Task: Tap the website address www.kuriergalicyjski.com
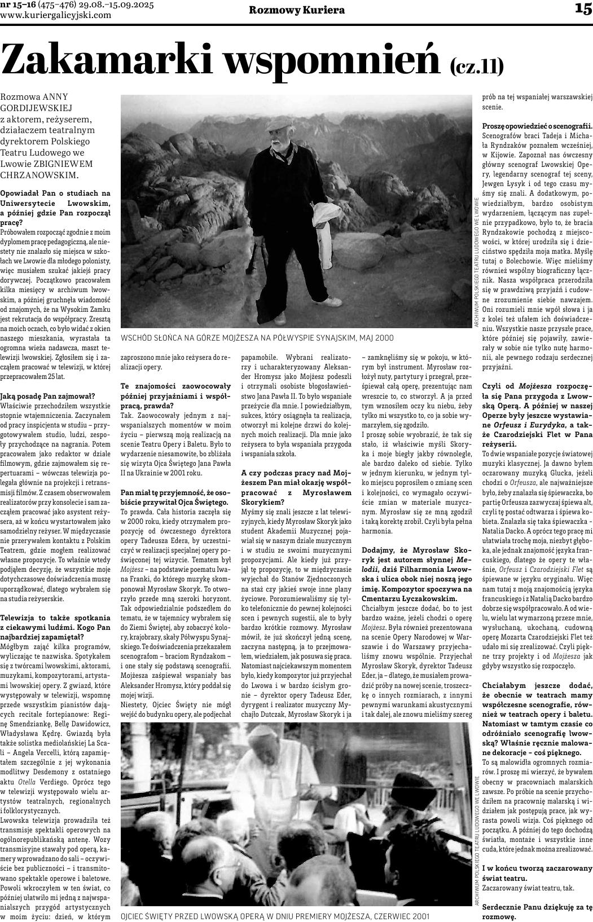56,15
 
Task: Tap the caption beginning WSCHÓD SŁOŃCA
257,337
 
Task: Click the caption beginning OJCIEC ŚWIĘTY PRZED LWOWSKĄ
275,916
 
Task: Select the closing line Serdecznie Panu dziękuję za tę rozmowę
537,911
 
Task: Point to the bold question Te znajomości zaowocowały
176,386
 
